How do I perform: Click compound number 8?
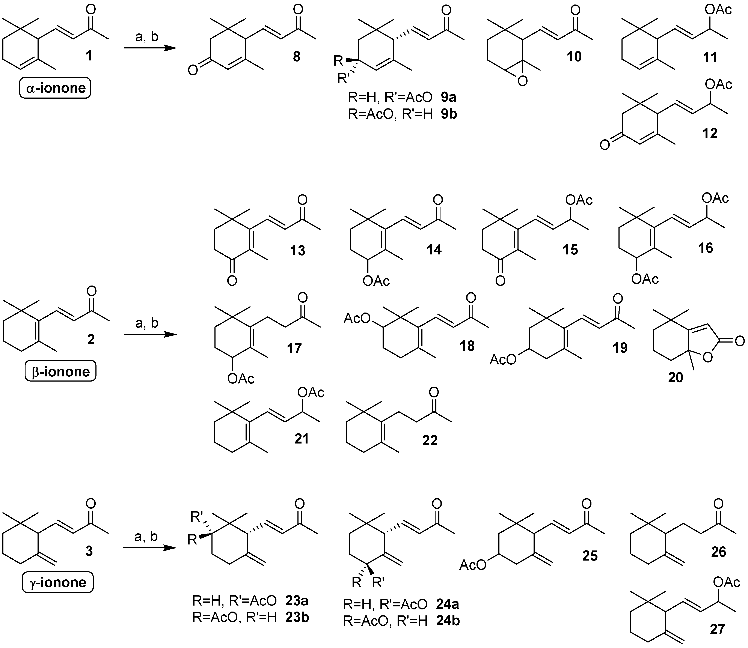pyautogui.click(x=297, y=57)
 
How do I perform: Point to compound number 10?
pyautogui.click(x=574, y=57)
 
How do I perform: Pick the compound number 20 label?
pyautogui.click(x=675, y=377)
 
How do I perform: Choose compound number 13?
pyautogui.click(x=298, y=250)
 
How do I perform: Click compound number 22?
pyautogui.click(x=430, y=440)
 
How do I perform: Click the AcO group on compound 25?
pyautogui.click(x=473, y=565)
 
